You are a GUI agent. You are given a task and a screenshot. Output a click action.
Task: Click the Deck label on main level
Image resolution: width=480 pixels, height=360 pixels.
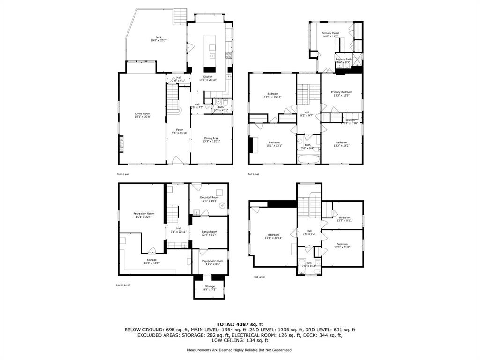point(158,39)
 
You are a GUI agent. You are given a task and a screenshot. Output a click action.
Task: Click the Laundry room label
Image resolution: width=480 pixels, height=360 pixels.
point(351,122)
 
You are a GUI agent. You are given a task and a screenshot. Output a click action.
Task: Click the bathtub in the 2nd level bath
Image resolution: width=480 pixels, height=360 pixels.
point(308,159)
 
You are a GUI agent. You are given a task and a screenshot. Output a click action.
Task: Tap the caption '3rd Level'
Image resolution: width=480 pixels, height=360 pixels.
point(259,277)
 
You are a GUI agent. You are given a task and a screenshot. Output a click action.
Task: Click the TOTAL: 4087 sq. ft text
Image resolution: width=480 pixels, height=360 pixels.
point(240,324)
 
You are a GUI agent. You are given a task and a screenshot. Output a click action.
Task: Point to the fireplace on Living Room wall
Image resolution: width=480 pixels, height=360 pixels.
point(121,143)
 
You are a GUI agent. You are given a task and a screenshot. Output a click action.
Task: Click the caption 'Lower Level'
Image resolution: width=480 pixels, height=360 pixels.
point(123,285)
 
